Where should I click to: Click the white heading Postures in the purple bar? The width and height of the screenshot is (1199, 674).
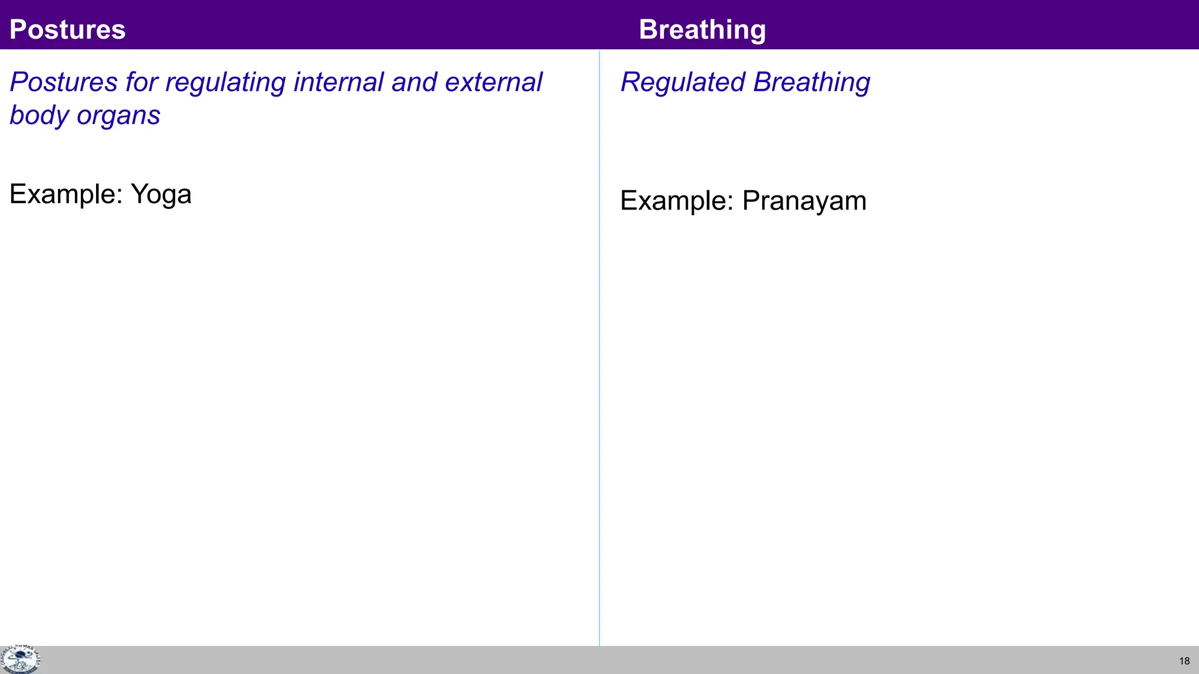click(x=67, y=30)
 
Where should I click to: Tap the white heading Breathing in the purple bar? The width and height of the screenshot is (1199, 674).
click(x=702, y=30)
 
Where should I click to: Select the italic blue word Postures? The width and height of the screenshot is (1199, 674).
click(x=63, y=82)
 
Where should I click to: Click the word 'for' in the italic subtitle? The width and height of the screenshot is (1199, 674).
click(x=141, y=82)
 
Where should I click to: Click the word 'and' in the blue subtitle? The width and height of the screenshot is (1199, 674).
click(x=414, y=82)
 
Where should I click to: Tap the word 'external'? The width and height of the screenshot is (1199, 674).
click(x=494, y=82)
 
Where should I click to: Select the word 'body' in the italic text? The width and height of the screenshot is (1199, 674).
click(x=39, y=115)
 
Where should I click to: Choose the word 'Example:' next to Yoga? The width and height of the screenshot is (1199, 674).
click(x=66, y=194)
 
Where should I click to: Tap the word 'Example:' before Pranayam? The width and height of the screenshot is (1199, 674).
click(x=677, y=201)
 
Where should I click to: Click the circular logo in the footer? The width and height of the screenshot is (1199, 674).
click(x=20, y=659)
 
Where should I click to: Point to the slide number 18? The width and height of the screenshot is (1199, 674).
click(x=1184, y=661)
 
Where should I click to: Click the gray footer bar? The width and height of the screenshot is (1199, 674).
click(x=585, y=660)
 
